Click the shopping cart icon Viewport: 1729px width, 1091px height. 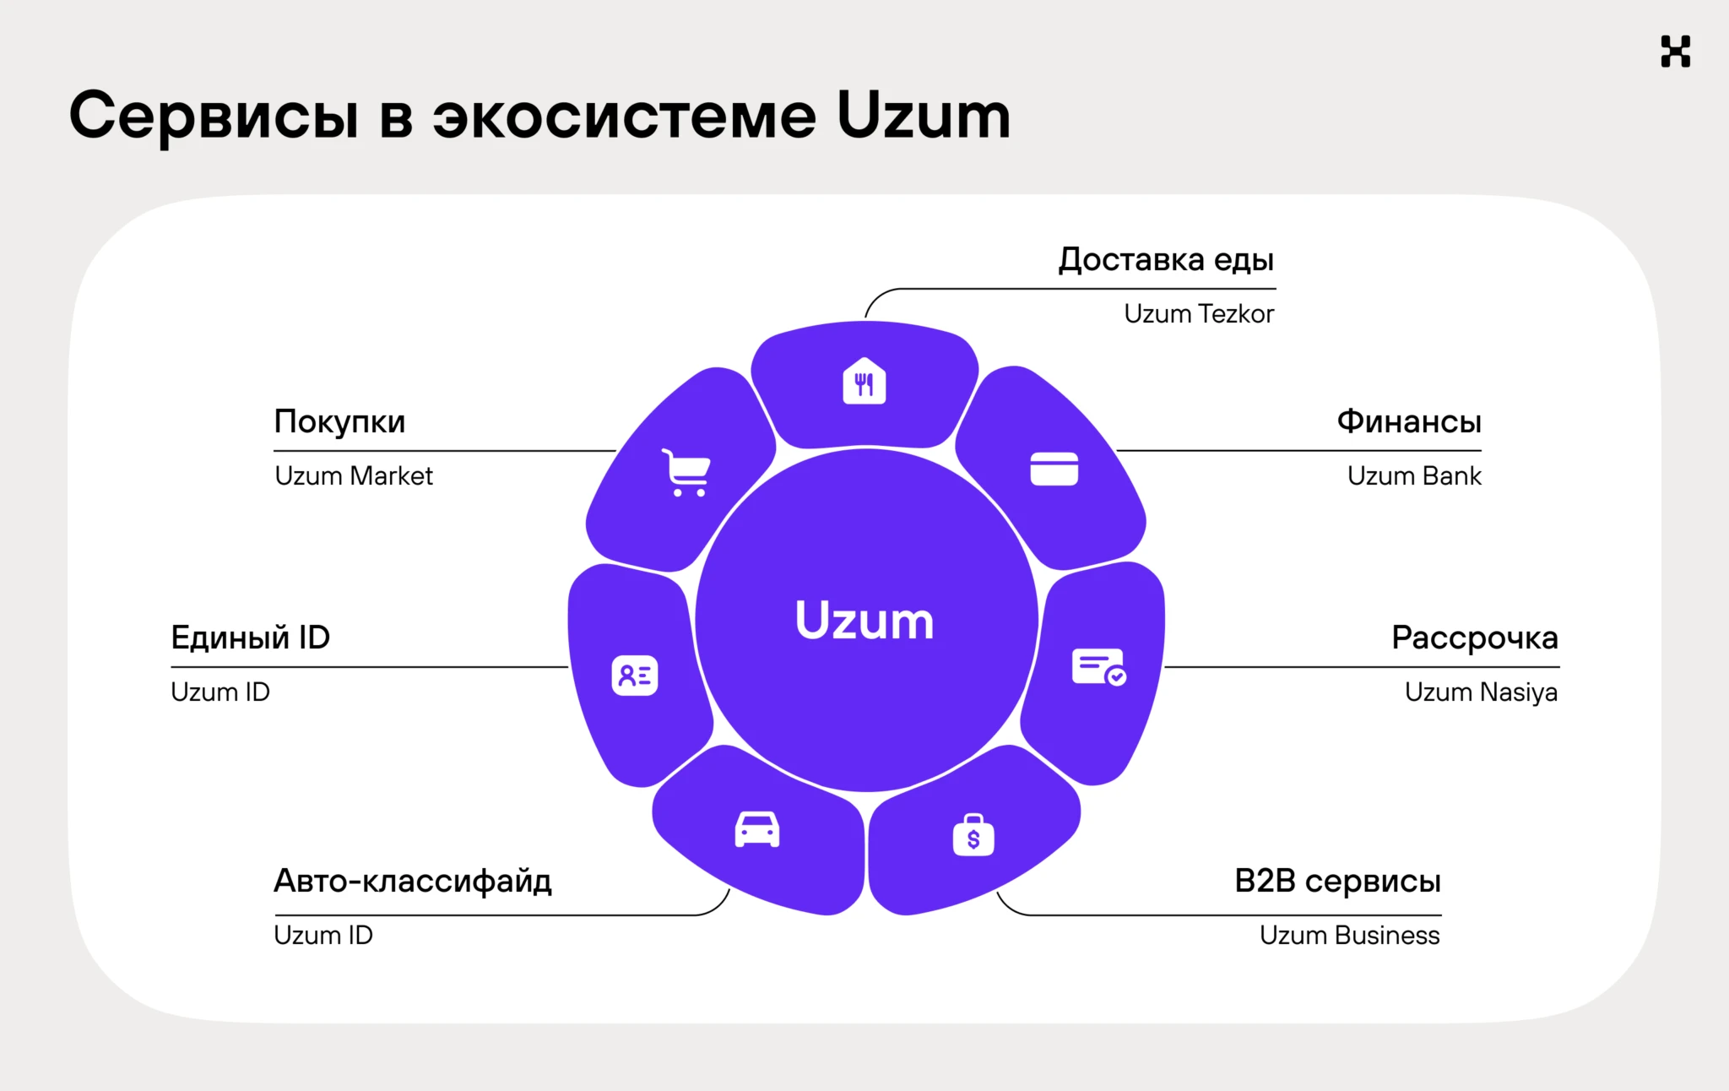tap(686, 472)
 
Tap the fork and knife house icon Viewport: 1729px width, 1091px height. tap(864, 382)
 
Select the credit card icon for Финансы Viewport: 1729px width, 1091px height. tap(1054, 469)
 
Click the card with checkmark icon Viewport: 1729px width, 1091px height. tap(1098, 667)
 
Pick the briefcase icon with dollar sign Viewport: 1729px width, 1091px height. tap(973, 835)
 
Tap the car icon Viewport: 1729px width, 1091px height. tap(757, 829)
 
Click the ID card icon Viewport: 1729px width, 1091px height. tap(634, 676)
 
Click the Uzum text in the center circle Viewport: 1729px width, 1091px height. tap(864, 621)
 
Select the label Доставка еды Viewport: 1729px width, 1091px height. tap(1166, 259)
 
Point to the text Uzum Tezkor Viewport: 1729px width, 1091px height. tap(1199, 314)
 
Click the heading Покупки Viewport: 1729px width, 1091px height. tap(339, 421)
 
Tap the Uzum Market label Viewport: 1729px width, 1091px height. tap(354, 476)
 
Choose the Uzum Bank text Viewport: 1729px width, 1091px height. tap(1414, 476)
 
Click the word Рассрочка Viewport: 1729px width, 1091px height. tap(1474, 638)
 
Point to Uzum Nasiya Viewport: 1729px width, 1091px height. tap(1481, 692)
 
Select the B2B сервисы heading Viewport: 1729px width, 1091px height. tap(1337, 881)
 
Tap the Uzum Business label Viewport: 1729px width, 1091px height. tap(1349, 936)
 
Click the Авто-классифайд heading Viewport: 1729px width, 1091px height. tap(413, 881)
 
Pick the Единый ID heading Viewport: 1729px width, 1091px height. tap(250, 638)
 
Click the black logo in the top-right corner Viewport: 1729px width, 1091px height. tap(1675, 52)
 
